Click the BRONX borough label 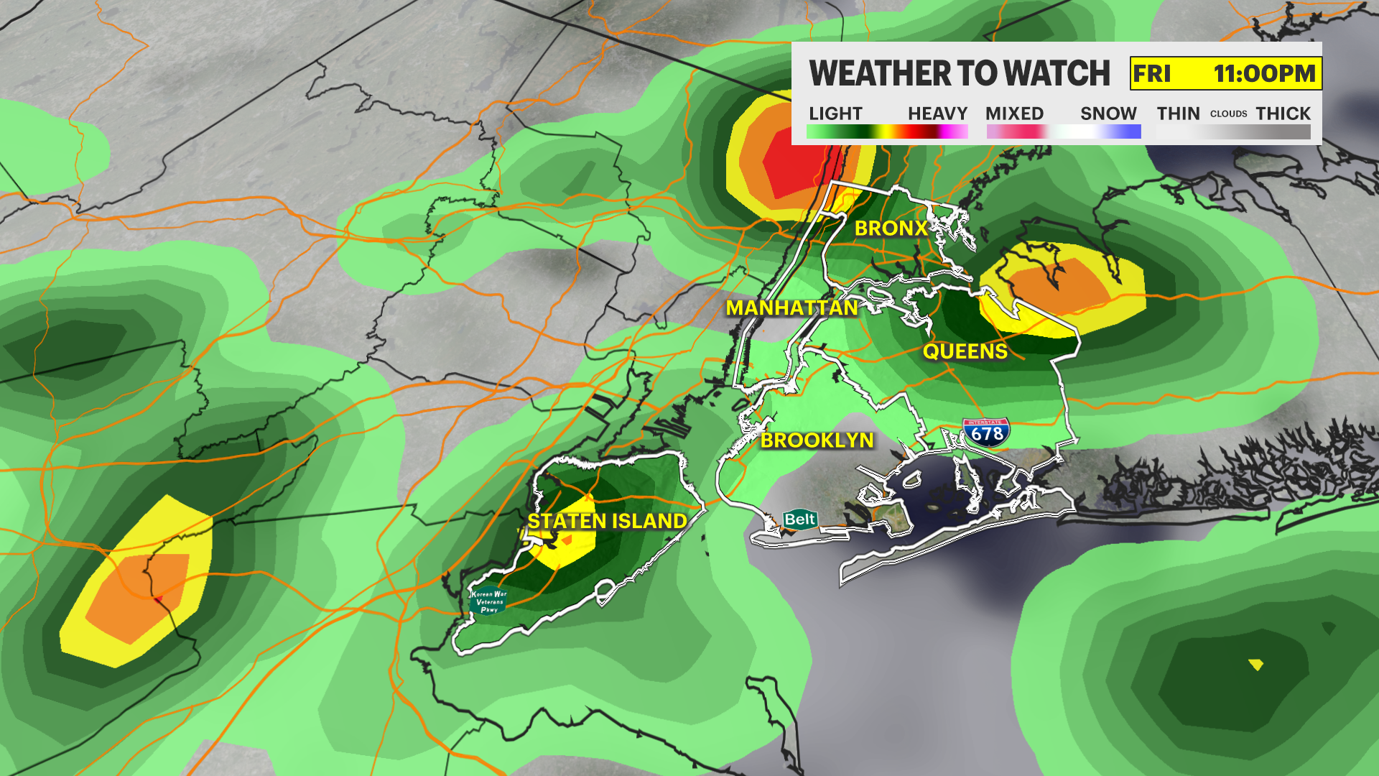coord(891,228)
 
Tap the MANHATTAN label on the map coord(791,308)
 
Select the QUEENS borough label coord(965,351)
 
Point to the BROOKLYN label coord(817,440)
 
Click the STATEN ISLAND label coord(607,521)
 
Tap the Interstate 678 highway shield coord(986,433)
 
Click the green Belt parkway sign coord(799,519)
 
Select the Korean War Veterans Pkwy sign coord(488,601)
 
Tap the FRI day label coord(1152,73)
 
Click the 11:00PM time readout coord(1264,73)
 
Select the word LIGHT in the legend coord(835,114)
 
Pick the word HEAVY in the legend coord(937,114)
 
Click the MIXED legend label coord(1014,114)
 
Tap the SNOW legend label coord(1108,114)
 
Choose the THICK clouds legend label coord(1283,114)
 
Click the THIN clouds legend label coord(1178,114)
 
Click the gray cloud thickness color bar coord(1233,132)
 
